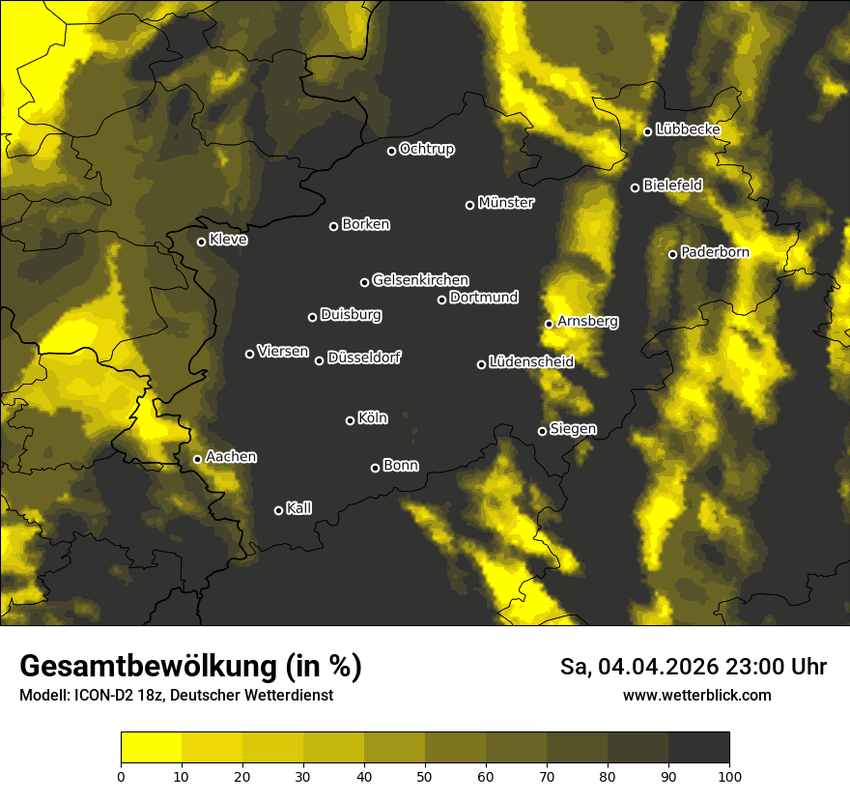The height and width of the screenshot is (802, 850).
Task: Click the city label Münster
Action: [x=505, y=203]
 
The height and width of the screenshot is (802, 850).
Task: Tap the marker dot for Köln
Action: [x=350, y=420]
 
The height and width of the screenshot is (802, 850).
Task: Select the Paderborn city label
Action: [x=715, y=252]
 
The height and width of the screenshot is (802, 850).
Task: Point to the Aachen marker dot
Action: [x=197, y=459]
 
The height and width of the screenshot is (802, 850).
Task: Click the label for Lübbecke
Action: [x=688, y=129]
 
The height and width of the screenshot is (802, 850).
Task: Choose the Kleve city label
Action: [x=228, y=240]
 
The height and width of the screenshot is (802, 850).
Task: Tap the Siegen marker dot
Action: [x=542, y=431]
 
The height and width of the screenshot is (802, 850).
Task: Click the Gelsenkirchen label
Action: [x=420, y=280]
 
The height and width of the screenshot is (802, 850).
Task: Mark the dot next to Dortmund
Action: [x=441, y=300]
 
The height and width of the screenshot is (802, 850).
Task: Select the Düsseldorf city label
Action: [x=364, y=358]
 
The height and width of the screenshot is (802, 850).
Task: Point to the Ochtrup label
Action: [x=426, y=149]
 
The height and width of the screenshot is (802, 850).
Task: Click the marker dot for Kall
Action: [x=278, y=510]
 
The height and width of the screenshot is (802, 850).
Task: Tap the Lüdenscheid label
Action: [x=531, y=362]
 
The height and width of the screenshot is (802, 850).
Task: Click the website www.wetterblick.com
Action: [x=696, y=695]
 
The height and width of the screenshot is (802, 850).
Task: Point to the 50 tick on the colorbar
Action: [x=425, y=775]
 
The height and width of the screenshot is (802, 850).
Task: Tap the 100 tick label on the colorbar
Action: [x=729, y=775]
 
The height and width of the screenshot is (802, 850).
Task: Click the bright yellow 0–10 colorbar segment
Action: [x=151, y=748]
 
